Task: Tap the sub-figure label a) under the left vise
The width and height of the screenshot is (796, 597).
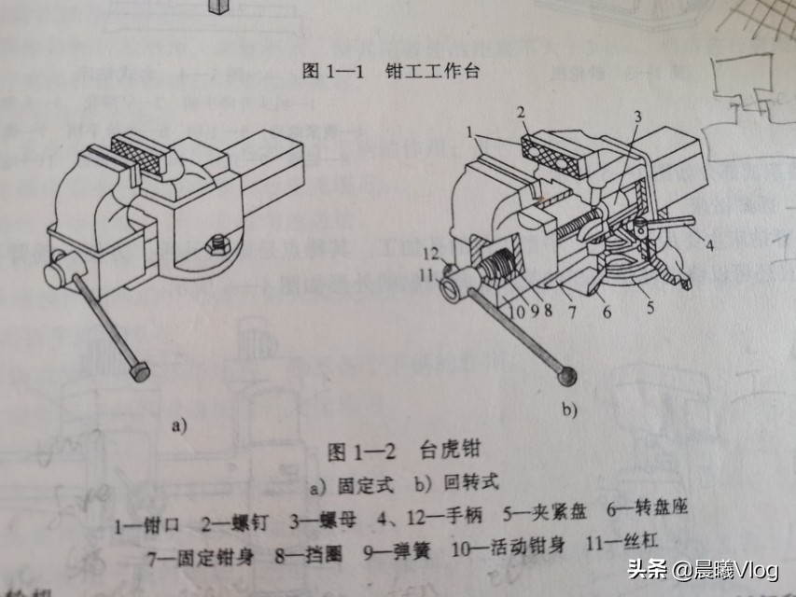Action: point(180,426)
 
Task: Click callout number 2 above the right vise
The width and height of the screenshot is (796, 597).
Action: point(524,111)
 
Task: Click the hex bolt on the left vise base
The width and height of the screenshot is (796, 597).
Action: point(221,243)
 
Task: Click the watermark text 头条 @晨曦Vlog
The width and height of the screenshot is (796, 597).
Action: point(701,570)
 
